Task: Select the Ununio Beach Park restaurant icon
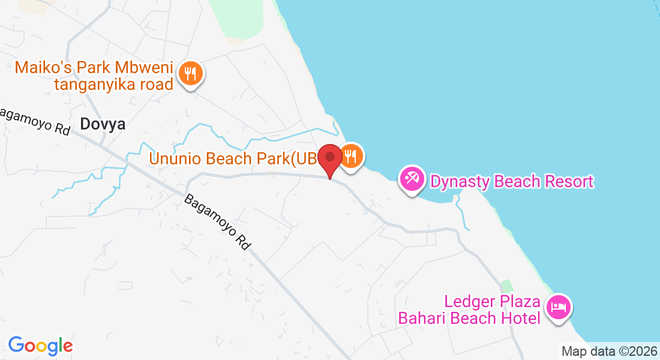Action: click(351, 157)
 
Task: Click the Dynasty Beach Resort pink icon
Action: click(412, 179)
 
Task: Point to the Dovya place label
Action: click(103, 124)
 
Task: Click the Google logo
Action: click(40, 346)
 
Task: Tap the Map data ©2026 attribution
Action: click(609, 351)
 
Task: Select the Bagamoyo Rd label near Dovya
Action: click(36, 122)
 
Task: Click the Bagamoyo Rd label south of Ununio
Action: click(217, 222)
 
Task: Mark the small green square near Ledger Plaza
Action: click(508, 286)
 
